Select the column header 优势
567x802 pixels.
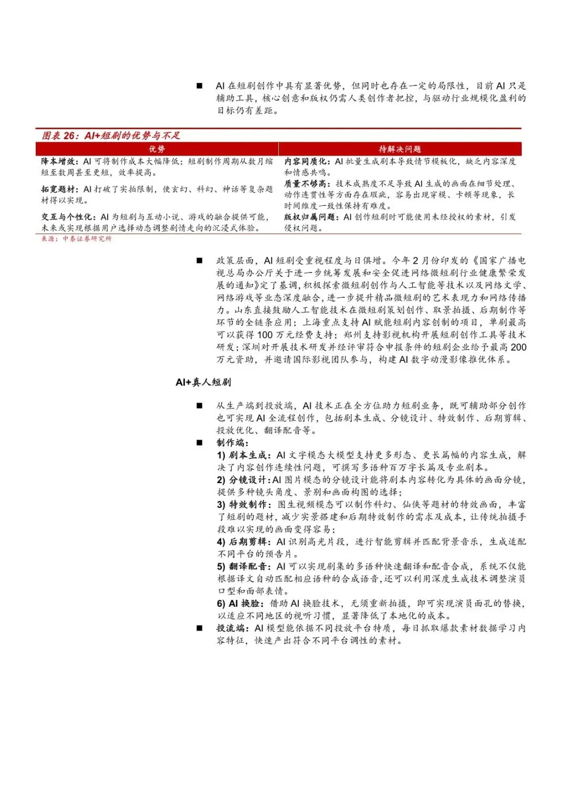pyautogui.click(x=156, y=149)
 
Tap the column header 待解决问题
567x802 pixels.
pyautogui.click(x=400, y=149)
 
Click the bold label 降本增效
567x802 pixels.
pyautogui.click(x=59, y=161)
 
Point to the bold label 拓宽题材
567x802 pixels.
pyautogui.click(x=59, y=189)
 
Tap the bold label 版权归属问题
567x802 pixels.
pyautogui.click(x=311, y=217)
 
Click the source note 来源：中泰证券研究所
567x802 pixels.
pyautogui.click(x=77, y=239)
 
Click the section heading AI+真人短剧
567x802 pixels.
pyautogui.click(x=203, y=382)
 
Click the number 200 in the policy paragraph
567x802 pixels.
pyautogui.click(x=518, y=347)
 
